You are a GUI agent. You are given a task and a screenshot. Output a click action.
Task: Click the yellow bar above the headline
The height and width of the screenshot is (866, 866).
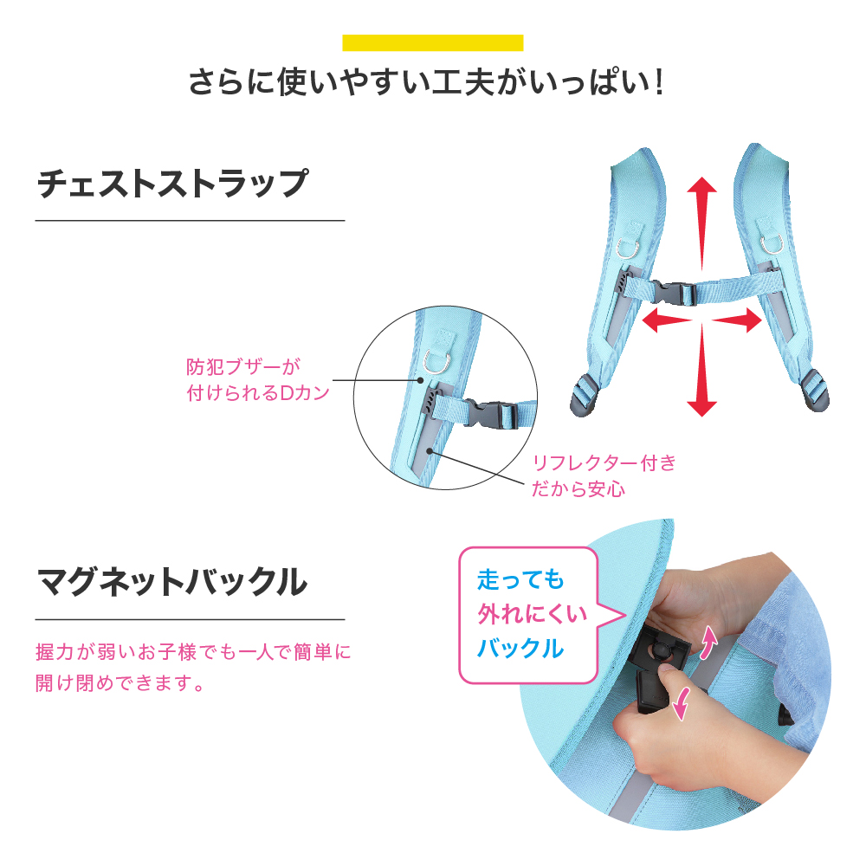(x=432, y=42)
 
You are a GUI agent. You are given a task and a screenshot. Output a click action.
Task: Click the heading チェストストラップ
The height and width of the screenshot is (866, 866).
(x=172, y=184)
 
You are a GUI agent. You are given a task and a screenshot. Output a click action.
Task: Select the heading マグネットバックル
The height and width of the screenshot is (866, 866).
(x=171, y=582)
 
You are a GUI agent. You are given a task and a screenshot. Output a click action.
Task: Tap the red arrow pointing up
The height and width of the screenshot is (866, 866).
(x=701, y=223)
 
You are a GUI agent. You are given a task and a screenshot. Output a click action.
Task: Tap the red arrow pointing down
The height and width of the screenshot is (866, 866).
(x=701, y=369)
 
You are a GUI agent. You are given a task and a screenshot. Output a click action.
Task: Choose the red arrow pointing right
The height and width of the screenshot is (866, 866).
(x=737, y=320)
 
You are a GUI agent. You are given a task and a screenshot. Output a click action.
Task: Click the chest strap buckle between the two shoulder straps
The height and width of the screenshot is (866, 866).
(x=673, y=293)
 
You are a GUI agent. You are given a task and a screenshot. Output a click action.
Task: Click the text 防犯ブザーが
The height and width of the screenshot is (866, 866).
(x=243, y=366)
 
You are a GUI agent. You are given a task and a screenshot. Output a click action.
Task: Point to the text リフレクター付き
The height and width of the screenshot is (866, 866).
(x=604, y=462)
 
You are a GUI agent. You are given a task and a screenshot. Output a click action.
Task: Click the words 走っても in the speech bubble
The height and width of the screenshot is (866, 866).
(x=520, y=580)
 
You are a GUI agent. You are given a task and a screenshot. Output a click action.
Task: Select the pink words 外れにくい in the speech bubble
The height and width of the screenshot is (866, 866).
(x=533, y=614)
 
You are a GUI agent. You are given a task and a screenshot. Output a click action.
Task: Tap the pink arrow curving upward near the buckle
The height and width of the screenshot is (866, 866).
(x=708, y=643)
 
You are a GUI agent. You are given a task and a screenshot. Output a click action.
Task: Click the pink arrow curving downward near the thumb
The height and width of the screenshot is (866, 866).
(x=682, y=703)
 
